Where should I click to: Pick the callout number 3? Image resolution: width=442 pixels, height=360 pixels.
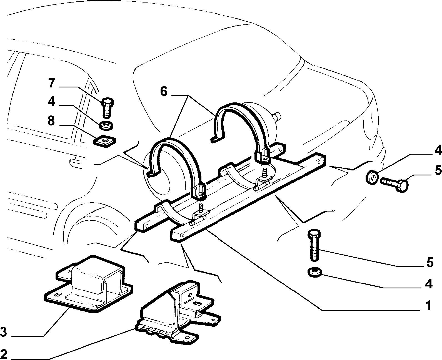4,332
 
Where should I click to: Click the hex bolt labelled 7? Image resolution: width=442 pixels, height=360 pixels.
107,108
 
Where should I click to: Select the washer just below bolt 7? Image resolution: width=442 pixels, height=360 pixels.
106,126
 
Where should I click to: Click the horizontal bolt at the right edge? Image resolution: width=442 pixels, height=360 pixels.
394,183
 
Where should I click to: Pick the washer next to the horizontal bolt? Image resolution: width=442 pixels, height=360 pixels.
372,178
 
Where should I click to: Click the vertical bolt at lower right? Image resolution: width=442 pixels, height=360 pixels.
314,245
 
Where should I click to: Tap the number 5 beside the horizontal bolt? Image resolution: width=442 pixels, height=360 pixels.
438,170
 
